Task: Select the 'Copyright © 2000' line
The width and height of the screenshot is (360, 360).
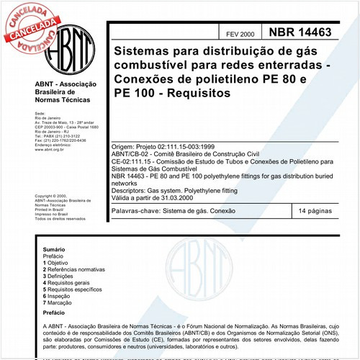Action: point(51,196)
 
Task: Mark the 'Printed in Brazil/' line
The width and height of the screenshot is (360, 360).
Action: point(50,209)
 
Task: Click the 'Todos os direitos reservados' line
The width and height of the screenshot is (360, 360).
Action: point(60,217)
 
